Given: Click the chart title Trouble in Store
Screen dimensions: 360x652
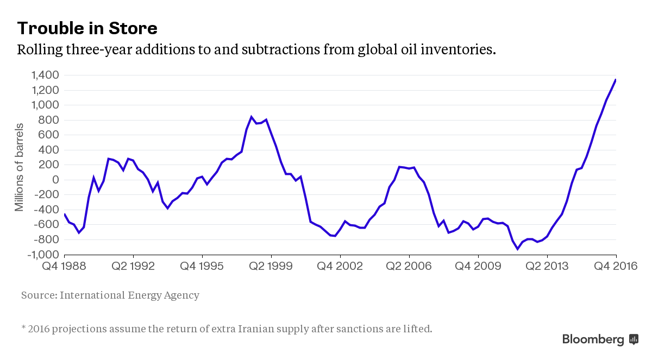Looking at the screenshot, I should click(87, 28).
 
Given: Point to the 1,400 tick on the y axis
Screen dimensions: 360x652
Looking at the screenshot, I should click(45, 75).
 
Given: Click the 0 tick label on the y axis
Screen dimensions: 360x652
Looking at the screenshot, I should click(55, 180).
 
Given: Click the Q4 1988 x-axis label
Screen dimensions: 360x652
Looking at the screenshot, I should click(64, 267).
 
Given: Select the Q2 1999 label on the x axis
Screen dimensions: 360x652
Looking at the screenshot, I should click(271, 267).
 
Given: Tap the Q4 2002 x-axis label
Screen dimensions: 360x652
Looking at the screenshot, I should click(340, 267).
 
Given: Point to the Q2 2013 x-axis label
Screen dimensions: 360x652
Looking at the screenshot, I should click(547, 267).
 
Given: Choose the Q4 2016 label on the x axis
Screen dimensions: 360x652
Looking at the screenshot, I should click(616, 267).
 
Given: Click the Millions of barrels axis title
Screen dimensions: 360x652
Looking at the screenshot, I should click(20, 165).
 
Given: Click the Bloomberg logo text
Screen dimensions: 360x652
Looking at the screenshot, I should click(593, 340).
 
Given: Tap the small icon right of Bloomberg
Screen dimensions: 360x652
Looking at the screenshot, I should click(634, 339).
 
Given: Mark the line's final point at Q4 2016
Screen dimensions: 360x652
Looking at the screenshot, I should click(616, 80).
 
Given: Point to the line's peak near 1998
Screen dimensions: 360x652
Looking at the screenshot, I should click(252, 117).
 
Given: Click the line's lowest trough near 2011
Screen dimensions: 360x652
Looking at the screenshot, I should click(517, 249).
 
